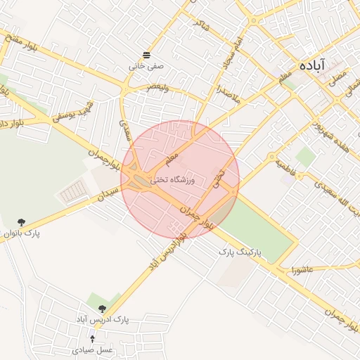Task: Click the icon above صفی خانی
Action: tap(146, 55)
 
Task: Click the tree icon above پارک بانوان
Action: tap(21, 221)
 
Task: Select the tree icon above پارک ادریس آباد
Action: tap(103, 309)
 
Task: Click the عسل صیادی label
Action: tap(93, 349)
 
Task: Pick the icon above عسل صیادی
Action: tap(92, 339)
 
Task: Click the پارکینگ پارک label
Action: tap(240, 251)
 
